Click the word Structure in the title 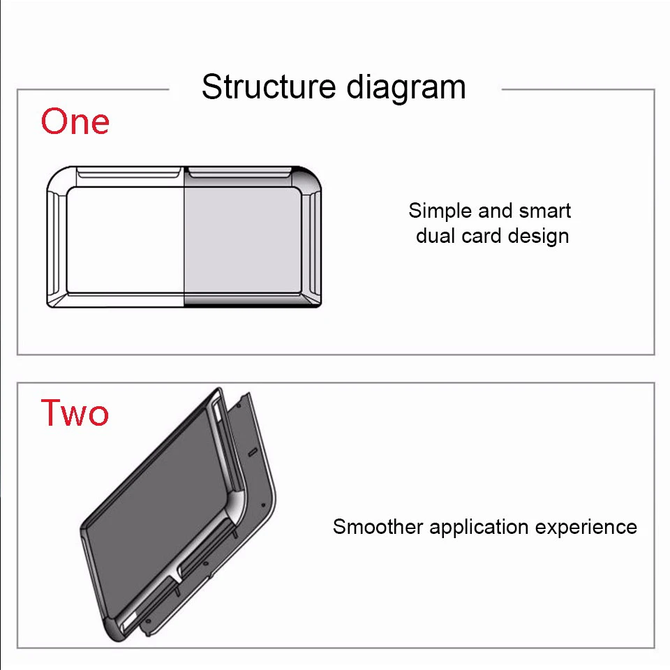coord(269,87)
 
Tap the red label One coord(75,121)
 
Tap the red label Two coord(75,412)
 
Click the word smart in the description coord(545,211)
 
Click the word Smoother coord(378,526)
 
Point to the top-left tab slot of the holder coord(128,172)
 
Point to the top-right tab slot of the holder coord(240,172)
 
